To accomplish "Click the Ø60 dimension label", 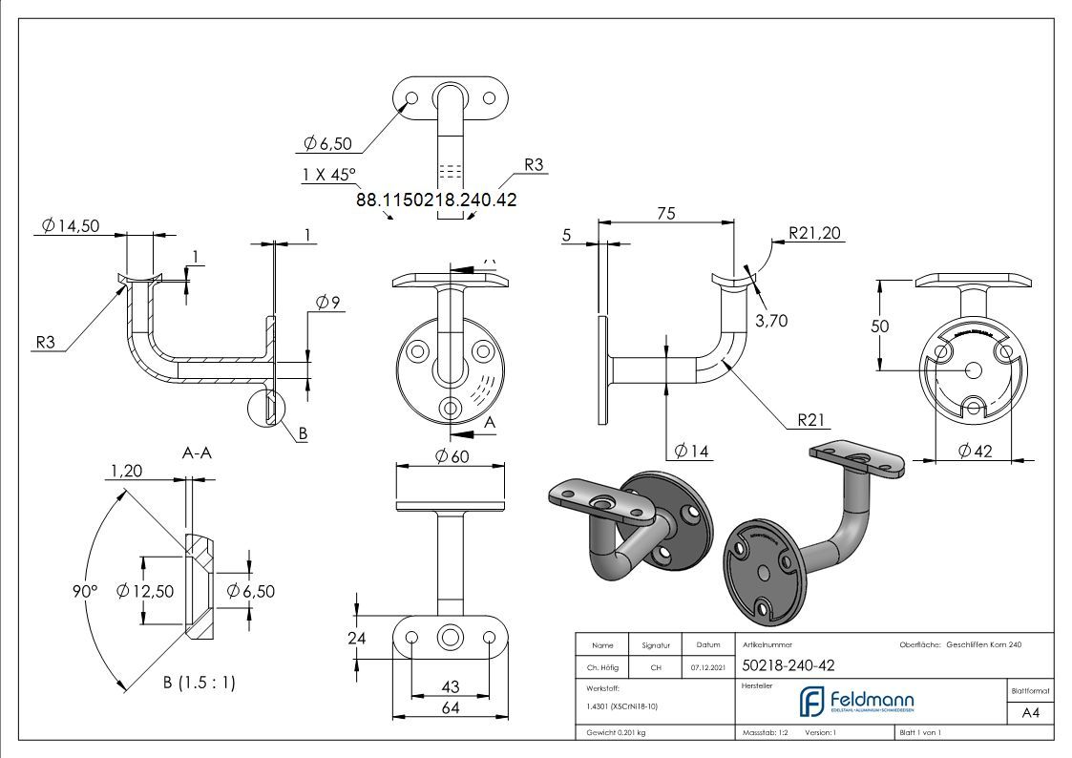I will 451,455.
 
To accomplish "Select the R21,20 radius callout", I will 815,232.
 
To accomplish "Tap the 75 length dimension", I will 666,213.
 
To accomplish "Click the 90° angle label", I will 85,591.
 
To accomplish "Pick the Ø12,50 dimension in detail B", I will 144,591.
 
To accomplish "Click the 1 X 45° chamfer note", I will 327,175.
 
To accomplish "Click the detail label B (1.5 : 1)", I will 200,683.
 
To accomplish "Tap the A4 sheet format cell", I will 1031,712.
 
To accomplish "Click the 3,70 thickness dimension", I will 771,321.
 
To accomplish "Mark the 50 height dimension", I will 879,326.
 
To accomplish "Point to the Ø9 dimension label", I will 328,303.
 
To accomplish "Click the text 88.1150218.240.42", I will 436,200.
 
